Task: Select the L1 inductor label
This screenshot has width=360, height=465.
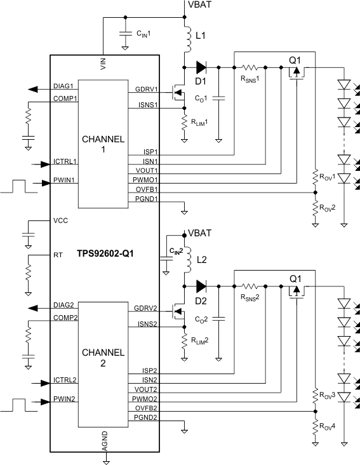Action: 201,37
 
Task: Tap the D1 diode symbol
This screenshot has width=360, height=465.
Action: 201,65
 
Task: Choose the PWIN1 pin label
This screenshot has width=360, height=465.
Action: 65,180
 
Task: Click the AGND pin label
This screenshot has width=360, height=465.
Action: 105,439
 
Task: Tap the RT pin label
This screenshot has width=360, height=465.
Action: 58,255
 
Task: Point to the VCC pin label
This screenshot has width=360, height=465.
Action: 60,220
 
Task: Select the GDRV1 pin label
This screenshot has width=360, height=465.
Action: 147,90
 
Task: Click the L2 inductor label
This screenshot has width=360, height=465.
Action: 201,260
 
